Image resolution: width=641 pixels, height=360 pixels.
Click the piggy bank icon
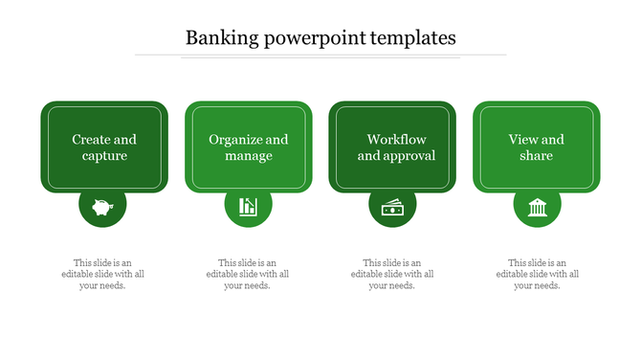click(x=103, y=206)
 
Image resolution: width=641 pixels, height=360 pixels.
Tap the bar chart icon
click(x=248, y=206)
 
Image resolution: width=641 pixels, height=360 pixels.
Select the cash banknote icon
click(x=392, y=207)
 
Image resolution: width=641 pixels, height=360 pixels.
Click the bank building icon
click(x=537, y=206)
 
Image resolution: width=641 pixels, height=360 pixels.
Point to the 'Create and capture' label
click(x=104, y=147)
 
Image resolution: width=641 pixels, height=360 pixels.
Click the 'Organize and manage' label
click(x=249, y=147)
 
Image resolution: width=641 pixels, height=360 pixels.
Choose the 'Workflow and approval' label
click(x=396, y=147)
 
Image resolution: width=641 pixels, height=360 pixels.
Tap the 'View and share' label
click(x=537, y=147)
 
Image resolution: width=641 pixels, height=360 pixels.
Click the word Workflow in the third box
click(x=396, y=140)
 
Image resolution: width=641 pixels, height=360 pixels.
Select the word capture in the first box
click(x=104, y=156)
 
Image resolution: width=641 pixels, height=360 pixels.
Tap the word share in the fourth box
click(x=537, y=156)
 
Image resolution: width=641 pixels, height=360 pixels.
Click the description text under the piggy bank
click(x=103, y=274)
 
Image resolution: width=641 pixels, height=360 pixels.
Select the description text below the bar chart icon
click(x=248, y=274)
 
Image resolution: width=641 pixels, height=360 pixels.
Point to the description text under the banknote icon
click(x=392, y=274)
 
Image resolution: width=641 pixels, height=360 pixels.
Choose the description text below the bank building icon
click(x=537, y=274)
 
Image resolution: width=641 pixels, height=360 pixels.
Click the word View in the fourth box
click(x=523, y=140)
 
